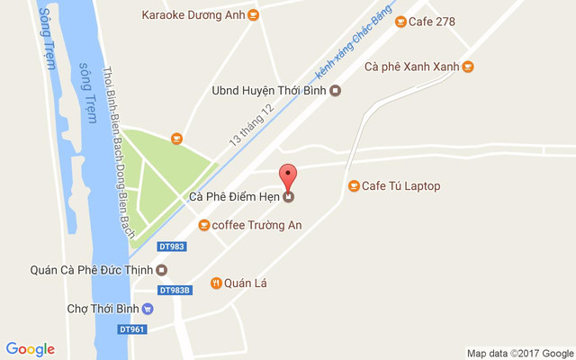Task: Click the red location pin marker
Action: click(x=288, y=175)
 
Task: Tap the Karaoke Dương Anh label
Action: click(x=193, y=14)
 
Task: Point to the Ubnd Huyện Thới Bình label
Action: click(x=267, y=90)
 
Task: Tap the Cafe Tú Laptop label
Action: click(x=400, y=186)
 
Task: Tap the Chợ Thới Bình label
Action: click(x=103, y=309)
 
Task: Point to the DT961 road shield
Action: click(x=131, y=329)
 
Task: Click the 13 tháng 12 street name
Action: click(x=251, y=125)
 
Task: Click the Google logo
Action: click(x=30, y=349)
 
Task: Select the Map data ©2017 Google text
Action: click(x=519, y=353)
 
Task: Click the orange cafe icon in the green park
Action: click(x=176, y=139)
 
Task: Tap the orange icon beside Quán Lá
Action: click(x=216, y=283)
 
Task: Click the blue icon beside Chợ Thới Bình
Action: click(x=148, y=309)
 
